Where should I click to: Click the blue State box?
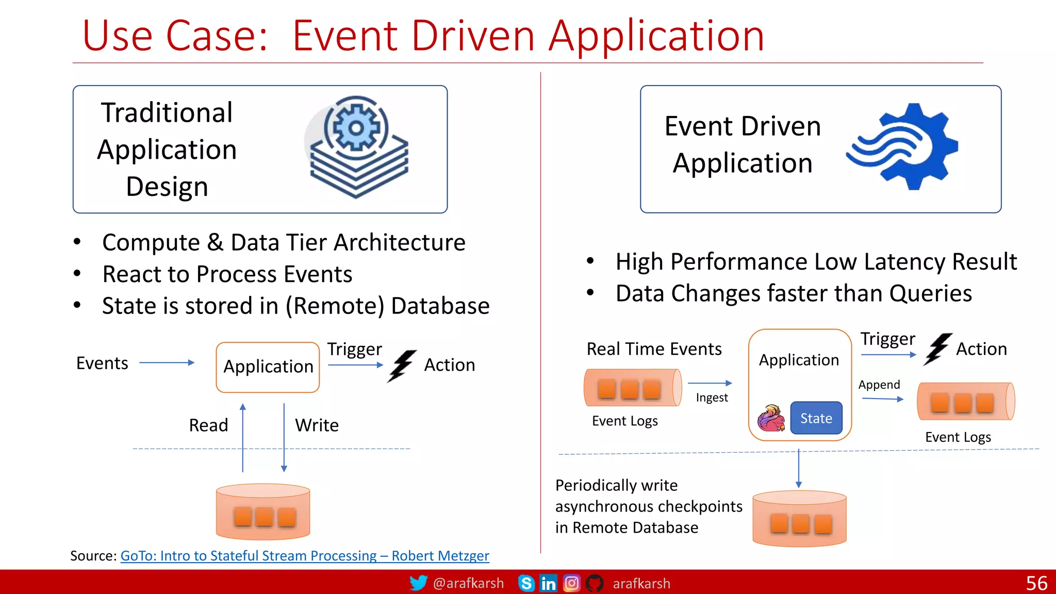(816, 418)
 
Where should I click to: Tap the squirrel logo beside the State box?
(771, 418)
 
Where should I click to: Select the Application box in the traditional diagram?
(268, 367)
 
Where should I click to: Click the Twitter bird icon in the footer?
(418, 583)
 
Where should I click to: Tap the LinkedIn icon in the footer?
(548, 583)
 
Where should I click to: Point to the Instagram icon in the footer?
(571, 583)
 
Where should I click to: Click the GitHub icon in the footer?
(594, 583)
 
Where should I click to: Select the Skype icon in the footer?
(526, 583)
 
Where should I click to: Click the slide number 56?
(1036, 583)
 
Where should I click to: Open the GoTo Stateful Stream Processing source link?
(304, 556)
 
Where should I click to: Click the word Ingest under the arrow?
(712, 398)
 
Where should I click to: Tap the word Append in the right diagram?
(879, 385)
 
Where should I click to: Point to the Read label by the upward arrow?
(208, 425)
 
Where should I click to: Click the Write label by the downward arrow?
(317, 425)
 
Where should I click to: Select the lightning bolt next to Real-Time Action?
(937, 349)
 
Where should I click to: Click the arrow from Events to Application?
(167, 362)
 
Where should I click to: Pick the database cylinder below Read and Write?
(263, 511)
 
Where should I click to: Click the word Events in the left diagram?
(102, 363)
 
